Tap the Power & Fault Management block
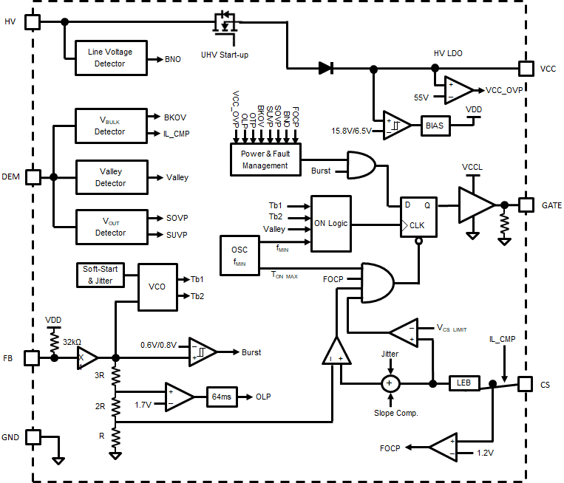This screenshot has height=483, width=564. (x=265, y=160)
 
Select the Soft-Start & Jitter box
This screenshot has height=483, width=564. (x=101, y=275)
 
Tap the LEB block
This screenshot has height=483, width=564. (x=463, y=383)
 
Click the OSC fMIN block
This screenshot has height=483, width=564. (x=240, y=255)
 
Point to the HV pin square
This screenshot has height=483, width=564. (x=33, y=21)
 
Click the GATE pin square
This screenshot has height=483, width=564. (x=526, y=205)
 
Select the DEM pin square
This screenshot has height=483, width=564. (x=33, y=177)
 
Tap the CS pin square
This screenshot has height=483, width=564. (x=526, y=383)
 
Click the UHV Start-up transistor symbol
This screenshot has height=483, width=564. (x=224, y=24)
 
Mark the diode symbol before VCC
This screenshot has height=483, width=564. (x=325, y=69)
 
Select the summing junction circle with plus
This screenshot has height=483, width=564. (x=390, y=383)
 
